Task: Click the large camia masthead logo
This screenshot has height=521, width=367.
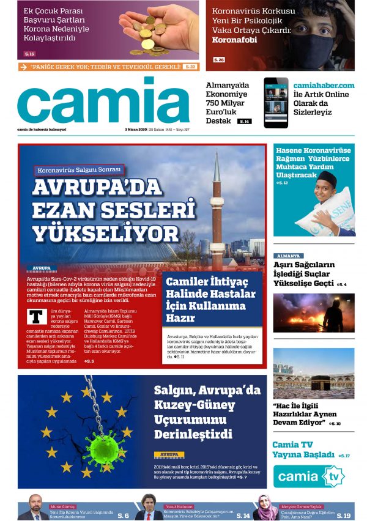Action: click(x=95, y=100)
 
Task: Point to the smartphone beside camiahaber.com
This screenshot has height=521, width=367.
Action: click(x=276, y=102)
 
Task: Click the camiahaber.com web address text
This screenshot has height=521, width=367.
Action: click(x=324, y=85)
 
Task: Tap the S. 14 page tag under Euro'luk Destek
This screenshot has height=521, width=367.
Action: click(x=244, y=122)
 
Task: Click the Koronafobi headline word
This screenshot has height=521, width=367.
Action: click(x=234, y=40)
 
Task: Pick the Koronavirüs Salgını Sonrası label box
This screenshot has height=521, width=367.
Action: click(x=79, y=169)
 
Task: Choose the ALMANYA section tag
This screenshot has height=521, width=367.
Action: click(x=288, y=256)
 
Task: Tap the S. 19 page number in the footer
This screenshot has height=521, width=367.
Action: click(x=343, y=515)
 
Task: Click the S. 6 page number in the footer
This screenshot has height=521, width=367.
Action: click(x=123, y=515)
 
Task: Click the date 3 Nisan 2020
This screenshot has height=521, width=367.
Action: click(x=135, y=130)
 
